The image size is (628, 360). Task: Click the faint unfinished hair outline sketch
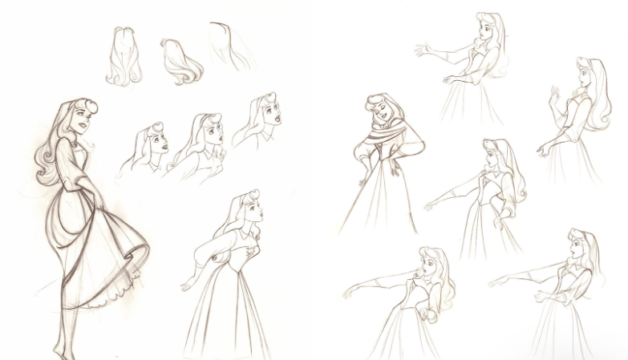[229, 44]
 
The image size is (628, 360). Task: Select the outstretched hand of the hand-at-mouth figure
[350, 293]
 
